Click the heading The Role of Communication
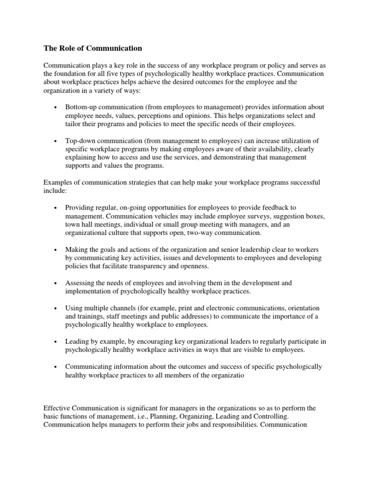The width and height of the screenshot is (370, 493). tap(93, 48)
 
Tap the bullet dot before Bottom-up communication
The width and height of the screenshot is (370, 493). tap(56, 107)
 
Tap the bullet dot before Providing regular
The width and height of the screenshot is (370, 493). tap(56, 207)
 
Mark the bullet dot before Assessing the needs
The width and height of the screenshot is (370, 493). tap(56, 283)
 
